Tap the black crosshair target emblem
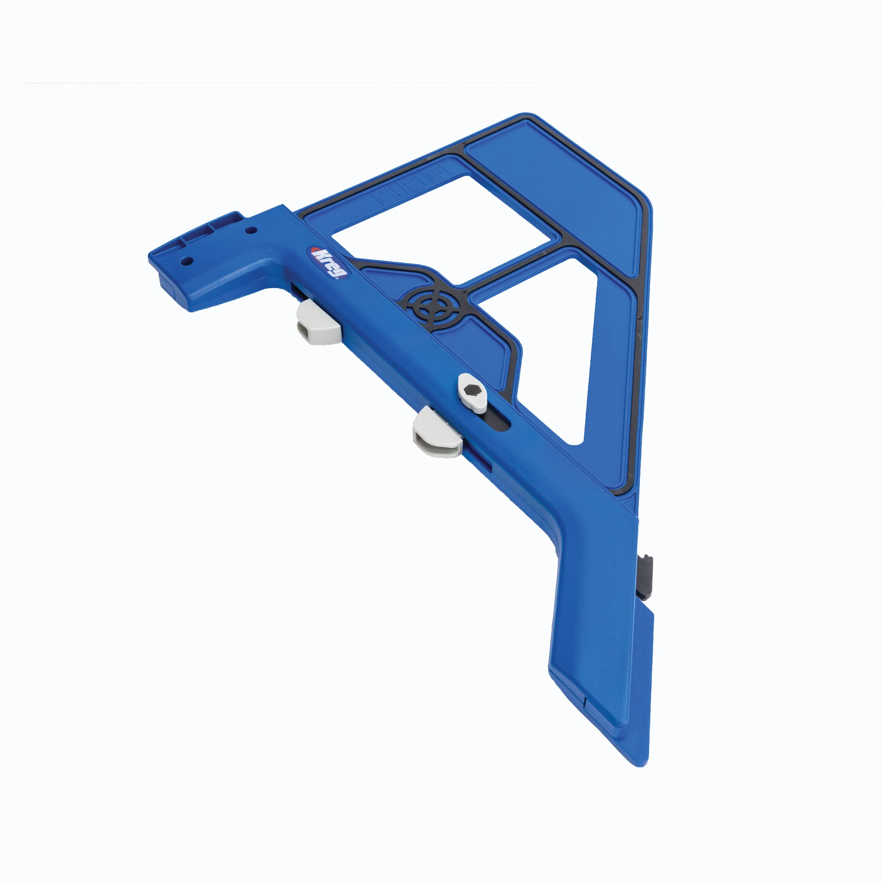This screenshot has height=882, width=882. pos(432,308)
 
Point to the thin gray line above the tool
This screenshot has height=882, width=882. pos(441,83)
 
